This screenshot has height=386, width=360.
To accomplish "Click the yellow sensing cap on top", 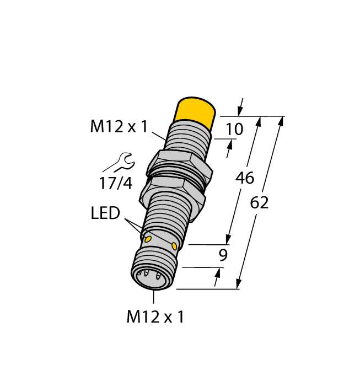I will (195, 112).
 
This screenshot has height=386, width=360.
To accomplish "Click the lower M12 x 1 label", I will (155, 317).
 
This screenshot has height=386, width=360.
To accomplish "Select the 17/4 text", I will (116, 183).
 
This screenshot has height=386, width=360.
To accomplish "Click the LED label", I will (105, 213).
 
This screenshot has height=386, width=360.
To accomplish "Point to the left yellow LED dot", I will (147, 238).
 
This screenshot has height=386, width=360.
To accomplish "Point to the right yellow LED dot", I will (175, 245).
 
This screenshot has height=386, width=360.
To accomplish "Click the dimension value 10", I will (234, 130).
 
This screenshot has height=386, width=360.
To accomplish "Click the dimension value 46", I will (244, 178).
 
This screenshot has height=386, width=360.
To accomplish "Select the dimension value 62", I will (259, 203).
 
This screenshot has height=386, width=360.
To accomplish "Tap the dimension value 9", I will (223, 255).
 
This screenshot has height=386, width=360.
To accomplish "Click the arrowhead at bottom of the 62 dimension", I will (239, 285).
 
